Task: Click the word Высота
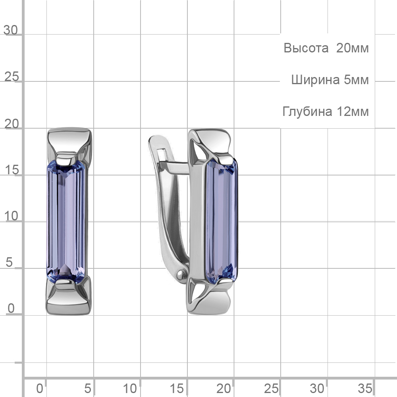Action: coord(306,48)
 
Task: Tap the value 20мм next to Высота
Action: coord(352,48)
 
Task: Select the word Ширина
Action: coord(315,80)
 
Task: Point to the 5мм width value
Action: coord(356,80)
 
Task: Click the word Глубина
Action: coord(307,112)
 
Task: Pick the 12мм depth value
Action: coord(353,112)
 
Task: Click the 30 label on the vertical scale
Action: coord(11,30)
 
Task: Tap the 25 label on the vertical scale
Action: coord(12,77)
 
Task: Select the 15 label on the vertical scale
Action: coord(12,170)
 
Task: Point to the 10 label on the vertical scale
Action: coord(12,216)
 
